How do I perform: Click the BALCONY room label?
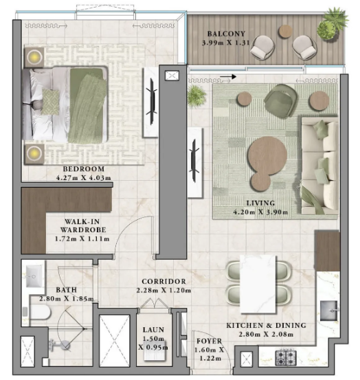point(226,34)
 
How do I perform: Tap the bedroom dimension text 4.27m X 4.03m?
point(84,178)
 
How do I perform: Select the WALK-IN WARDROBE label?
point(82,225)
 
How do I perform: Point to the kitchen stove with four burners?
point(286,358)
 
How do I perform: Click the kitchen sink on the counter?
point(329,311)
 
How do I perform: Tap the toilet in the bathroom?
point(38,312)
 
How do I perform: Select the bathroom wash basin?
point(34,276)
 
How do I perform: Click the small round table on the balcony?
point(285,31)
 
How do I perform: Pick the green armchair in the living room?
point(281,100)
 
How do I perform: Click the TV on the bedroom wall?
point(153,102)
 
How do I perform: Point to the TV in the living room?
point(194,161)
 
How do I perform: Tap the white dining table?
point(258,284)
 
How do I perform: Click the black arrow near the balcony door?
point(228,77)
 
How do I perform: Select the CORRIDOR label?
point(164,281)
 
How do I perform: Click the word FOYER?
point(209,341)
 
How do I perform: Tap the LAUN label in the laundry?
point(153,330)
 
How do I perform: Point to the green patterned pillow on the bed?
point(50,102)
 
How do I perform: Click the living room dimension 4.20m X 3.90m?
point(260,212)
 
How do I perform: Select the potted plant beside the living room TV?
point(196,96)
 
